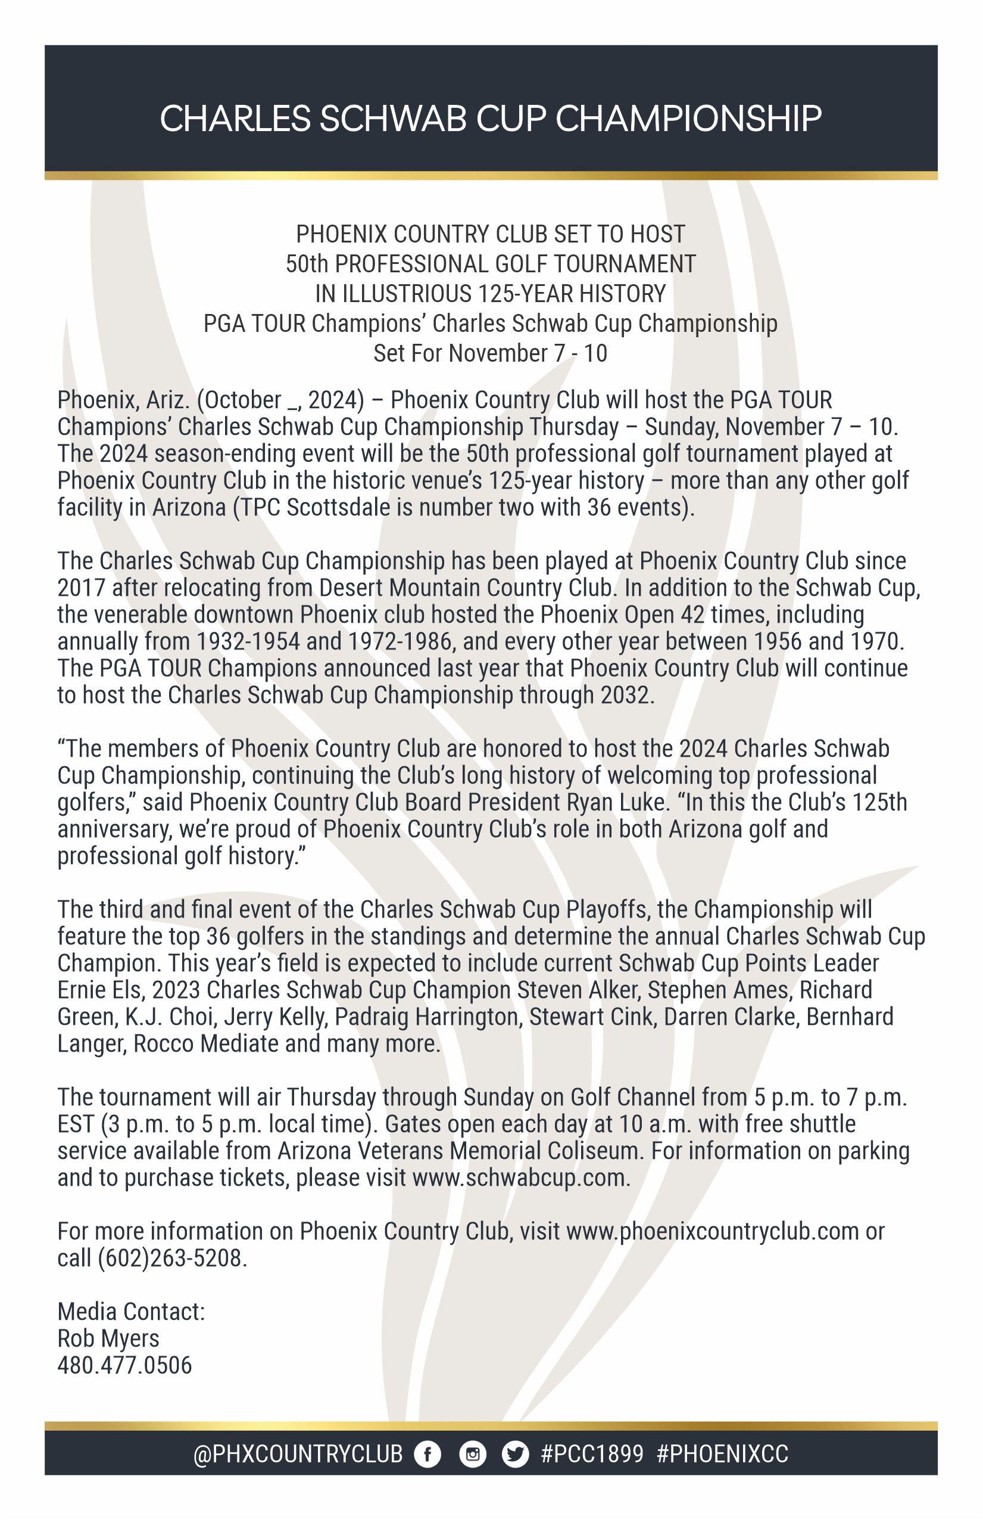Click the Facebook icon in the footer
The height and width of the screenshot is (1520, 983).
[x=427, y=1454]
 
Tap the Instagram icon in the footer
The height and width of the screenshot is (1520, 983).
[x=472, y=1454]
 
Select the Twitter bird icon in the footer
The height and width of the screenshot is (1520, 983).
[x=514, y=1454]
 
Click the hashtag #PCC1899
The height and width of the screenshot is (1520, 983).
[x=592, y=1454]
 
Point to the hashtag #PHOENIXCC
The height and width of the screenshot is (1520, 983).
[x=722, y=1454]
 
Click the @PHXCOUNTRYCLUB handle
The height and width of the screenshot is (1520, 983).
[x=298, y=1454]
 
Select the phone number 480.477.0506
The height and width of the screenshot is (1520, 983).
[x=124, y=1366]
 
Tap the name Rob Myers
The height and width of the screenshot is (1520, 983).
[x=108, y=1338]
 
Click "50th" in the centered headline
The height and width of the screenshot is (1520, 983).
[x=306, y=264]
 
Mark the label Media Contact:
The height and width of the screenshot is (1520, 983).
[x=131, y=1311]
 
